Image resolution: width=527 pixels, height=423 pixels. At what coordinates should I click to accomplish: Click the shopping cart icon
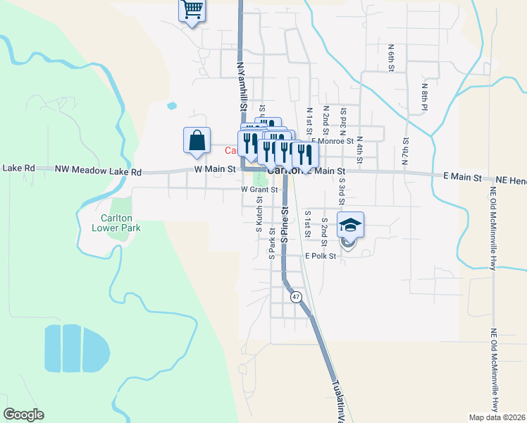[x=192, y=11]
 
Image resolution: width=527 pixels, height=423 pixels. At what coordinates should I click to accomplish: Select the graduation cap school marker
[x=350, y=225]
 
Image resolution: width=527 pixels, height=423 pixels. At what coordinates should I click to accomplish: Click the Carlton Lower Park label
[x=116, y=223]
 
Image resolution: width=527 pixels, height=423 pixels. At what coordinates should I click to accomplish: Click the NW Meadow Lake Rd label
[x=98, y=171]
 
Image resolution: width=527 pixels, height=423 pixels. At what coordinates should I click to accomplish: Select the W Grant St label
[x=260, y=189]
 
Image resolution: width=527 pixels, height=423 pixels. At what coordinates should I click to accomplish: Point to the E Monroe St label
[x=335, y=141]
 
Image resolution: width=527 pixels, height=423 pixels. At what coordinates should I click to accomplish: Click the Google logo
[x=23, y=415]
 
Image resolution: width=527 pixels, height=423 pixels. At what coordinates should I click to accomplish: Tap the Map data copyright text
[x=497, y=417]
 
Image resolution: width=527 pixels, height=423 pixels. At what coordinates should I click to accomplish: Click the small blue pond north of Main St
[x=172, y=106]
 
